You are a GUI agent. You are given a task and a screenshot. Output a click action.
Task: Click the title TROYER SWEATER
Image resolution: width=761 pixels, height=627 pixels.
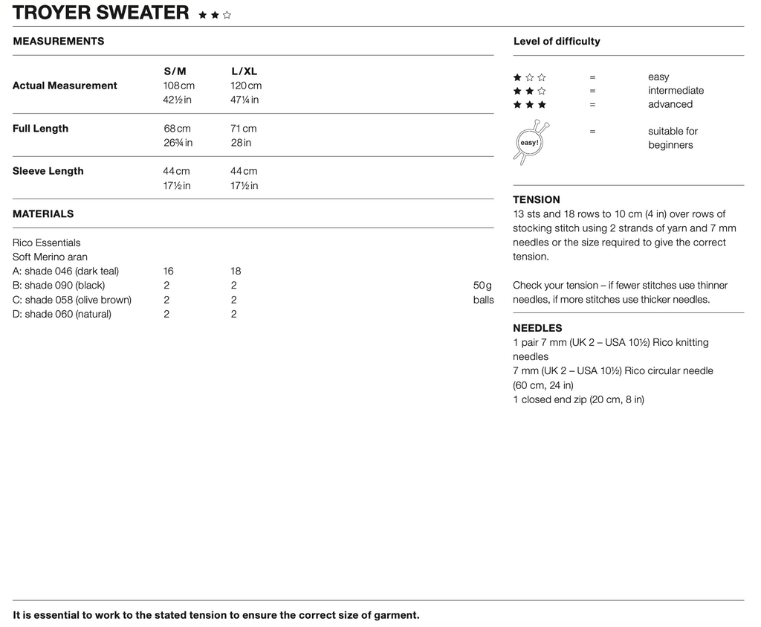pyautogui.click(x=101, y=13)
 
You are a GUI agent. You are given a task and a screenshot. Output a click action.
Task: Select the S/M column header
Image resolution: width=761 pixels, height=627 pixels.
pyautogui.click(x=175, y=71)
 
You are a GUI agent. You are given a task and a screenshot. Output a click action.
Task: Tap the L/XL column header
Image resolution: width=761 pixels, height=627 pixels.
pyautogui.click(x=244, y=71)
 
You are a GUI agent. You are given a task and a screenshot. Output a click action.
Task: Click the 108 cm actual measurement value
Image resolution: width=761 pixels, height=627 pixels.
pyautogui.click(x=178, y=86)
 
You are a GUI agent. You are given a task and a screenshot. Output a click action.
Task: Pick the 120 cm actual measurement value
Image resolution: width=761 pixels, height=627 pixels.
pyautogui.click(x=246, y=86)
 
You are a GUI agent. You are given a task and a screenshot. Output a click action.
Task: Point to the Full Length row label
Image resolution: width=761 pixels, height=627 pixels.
pyautogui.click(x=40, y=129)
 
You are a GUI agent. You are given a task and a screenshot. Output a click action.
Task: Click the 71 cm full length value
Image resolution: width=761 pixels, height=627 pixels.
pyautogui.click(x=243, y=129)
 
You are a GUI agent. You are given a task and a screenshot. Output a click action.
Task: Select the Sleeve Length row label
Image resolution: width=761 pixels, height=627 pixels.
pyautogui.click(x=48, y=171)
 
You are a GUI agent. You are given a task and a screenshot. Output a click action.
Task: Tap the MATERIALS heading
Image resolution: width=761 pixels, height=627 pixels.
pyautogui.click(x=43, y=214)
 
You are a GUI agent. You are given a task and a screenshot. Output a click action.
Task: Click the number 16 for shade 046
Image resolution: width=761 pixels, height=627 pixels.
pyautogui.click(x=169, y=271)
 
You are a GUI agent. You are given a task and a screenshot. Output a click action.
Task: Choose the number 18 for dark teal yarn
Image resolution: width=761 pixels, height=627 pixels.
pyautogui.click(x=236, y=271)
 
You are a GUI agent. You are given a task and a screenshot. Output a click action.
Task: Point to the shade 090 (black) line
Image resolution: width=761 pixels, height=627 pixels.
pyautogui.click(x=59, y=286)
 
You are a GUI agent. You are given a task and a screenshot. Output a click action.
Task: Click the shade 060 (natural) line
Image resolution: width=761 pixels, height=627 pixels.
pyautogui.click(x=62, y=314)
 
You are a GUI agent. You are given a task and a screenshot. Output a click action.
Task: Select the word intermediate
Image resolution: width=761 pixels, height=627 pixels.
pyautogui.click(x=676, y=91)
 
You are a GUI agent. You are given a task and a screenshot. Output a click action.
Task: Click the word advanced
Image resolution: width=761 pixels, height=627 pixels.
pyautogui.click(x=670, y=105)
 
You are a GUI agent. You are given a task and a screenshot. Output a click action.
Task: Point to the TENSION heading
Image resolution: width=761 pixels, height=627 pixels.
pyautogui.click(x=537, y=200)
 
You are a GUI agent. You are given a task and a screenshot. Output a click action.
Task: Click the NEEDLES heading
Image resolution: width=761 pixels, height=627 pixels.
pyautogui.click(x=537, y=328)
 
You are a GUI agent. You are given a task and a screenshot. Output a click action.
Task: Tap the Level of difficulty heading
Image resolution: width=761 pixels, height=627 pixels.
pyautogui.click(x=557, y=42)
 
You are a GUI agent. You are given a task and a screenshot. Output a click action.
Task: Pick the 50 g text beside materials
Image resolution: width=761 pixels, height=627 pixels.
pyautogui.click(x=483, y=286)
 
